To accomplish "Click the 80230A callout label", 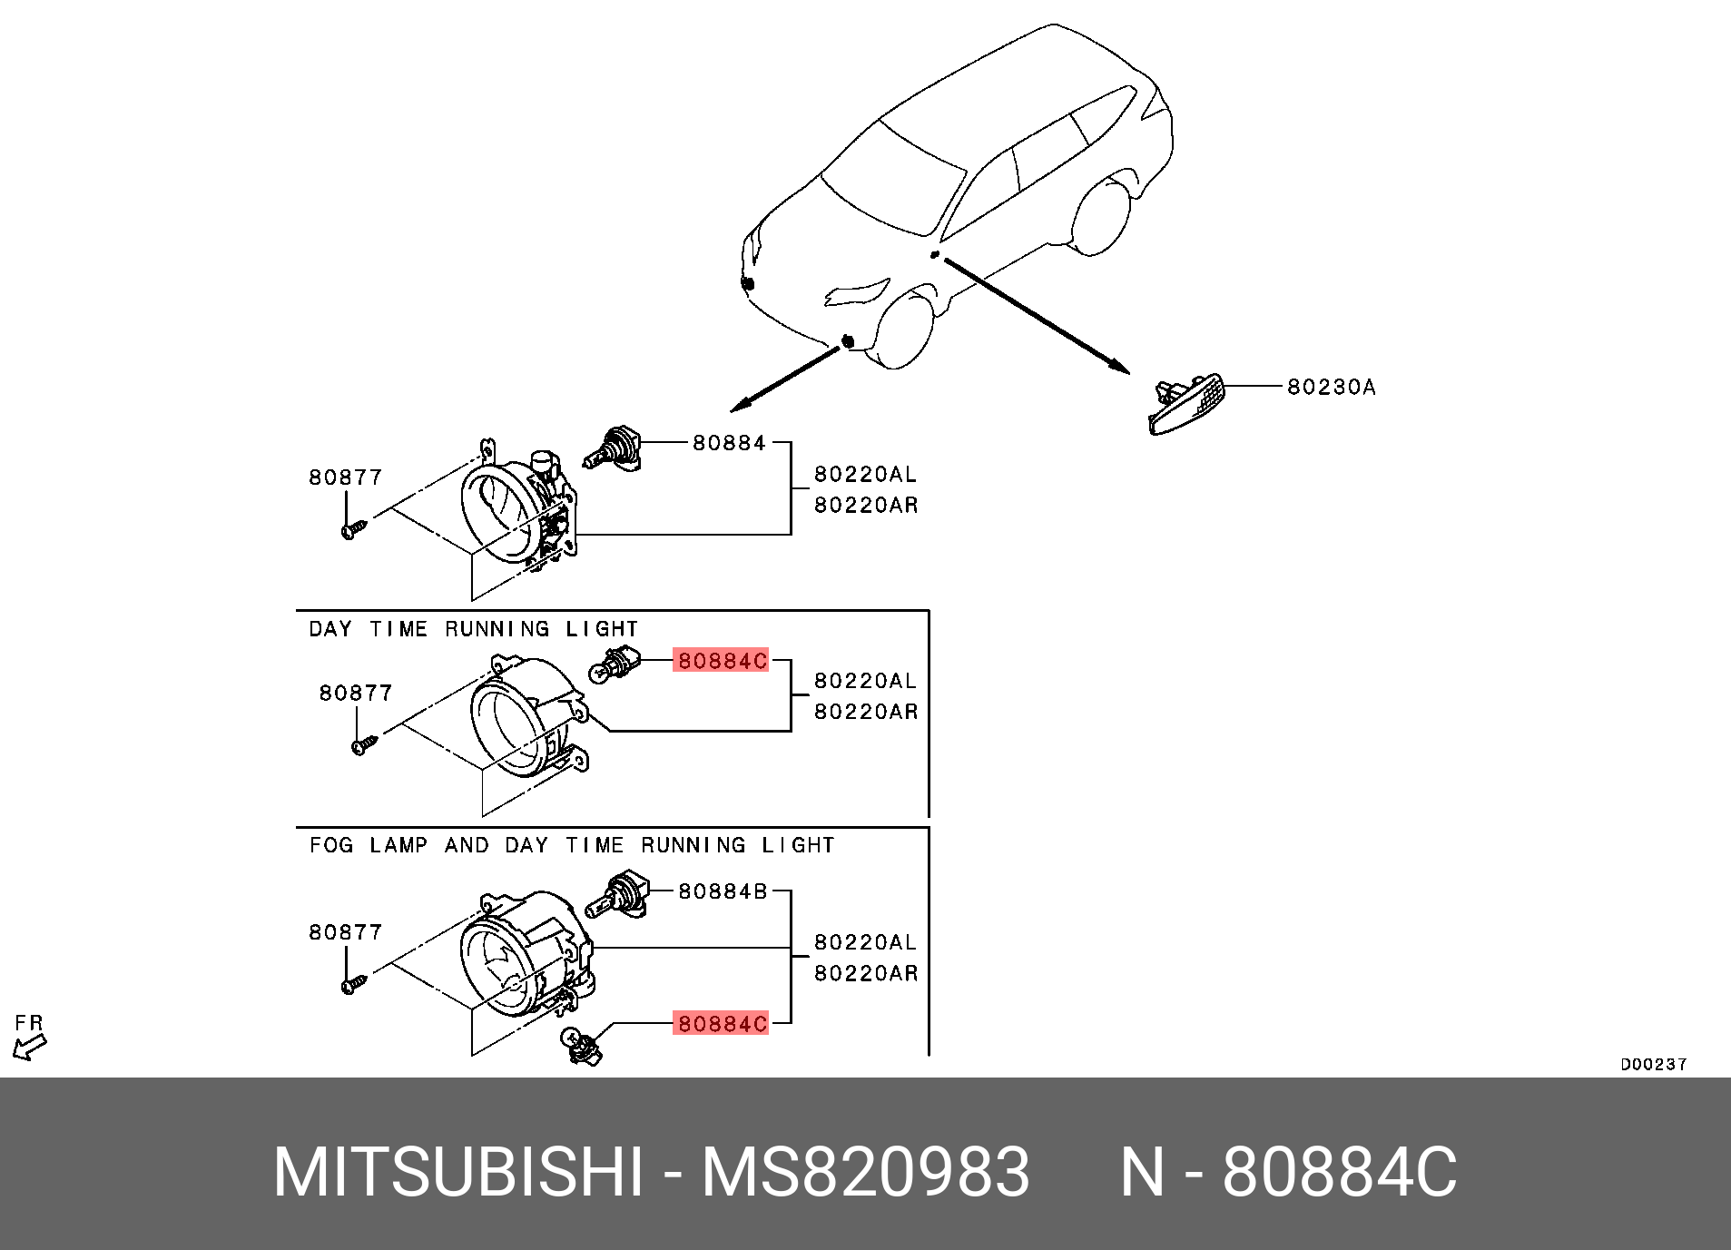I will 1331,388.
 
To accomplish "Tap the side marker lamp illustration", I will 1186,406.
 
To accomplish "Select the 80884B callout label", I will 723,891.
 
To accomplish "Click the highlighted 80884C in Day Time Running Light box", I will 722,661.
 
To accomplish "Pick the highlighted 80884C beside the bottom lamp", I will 722,1024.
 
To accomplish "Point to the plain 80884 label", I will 729,443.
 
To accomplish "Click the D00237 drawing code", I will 1653,1064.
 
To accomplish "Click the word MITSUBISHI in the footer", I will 458,1172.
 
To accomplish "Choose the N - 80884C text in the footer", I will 1288,1172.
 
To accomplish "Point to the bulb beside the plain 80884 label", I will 613,449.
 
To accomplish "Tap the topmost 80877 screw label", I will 345,477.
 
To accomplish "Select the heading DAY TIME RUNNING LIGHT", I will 473,629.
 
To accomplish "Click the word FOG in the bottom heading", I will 330,845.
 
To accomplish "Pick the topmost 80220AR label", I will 865,506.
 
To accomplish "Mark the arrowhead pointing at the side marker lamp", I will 1119,367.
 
